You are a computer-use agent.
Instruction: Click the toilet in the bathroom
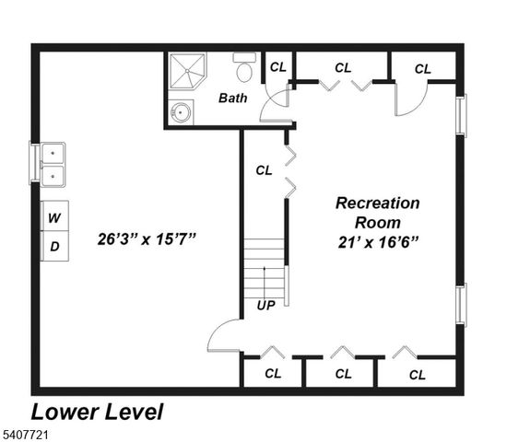coord(244,67)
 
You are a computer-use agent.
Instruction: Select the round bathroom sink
coord(180,113)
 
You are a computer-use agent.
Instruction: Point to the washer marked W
coord(54,218)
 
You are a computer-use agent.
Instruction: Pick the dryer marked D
coord(54,246)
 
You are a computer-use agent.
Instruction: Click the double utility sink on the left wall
coord(53,164)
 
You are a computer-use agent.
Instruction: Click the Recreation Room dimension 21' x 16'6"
coord(378,241)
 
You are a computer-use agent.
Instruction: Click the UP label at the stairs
coord(265,305)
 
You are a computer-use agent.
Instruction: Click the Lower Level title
coord(98,412)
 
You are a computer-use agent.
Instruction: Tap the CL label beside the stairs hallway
coord(264,169)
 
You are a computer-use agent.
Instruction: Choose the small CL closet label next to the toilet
coord(277,66)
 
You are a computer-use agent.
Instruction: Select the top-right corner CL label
coord(423,68)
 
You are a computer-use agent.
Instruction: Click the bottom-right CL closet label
coord(418,374)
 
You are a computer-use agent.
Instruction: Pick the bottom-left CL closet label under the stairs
coord(273,374)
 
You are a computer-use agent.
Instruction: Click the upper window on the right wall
coord(462,115)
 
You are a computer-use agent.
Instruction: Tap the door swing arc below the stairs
coord(221,339)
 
